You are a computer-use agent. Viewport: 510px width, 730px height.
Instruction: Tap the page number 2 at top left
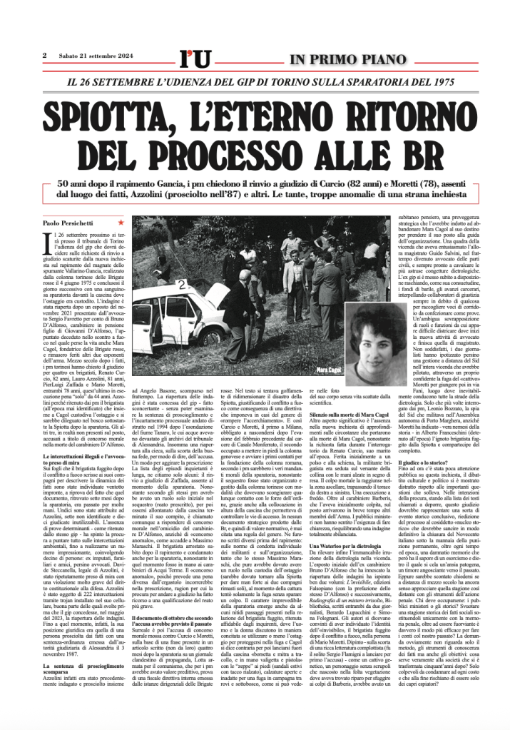[44, 56]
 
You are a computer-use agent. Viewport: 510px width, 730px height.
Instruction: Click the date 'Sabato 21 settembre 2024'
[97, 56]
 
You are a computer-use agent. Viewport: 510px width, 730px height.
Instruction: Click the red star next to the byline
[121, 223]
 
